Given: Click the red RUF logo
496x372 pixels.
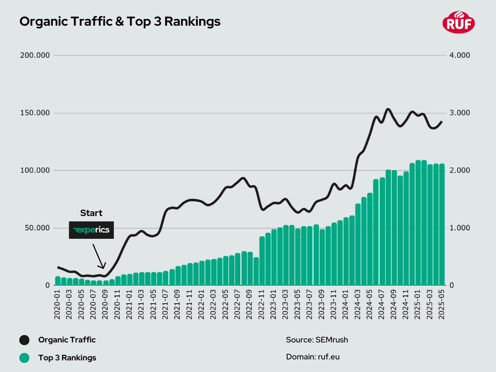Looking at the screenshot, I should point(459,22).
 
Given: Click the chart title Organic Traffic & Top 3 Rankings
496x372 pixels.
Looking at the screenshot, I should point(120,22).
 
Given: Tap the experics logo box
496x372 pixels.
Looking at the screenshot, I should point(91,230).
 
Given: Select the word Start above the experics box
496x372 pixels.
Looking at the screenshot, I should point(91,213).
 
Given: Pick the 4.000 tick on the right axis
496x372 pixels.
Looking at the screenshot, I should point(460,55).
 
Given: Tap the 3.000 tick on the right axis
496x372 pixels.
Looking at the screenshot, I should point(460,113).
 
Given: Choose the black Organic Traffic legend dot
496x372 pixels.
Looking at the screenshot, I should point(24,340).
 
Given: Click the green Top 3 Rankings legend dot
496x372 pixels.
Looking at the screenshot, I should point(24,358).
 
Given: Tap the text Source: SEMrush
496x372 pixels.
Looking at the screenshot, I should point(317,340).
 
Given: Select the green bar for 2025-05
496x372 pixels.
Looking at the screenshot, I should point(442,225).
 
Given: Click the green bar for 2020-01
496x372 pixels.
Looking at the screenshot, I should point(58,281).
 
